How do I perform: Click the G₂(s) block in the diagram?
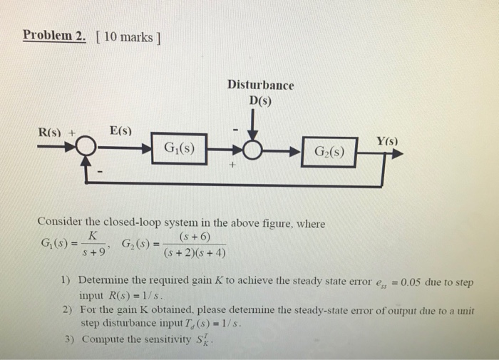[328, 152]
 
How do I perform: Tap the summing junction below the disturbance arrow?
[253, 151]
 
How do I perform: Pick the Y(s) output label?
[387, 142]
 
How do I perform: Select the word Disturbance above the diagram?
[260, 85]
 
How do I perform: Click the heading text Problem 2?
[54, 36]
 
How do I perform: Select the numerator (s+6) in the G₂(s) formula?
[195, 237]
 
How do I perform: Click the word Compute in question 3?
[101, 339]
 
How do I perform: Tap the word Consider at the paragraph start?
[62, 223]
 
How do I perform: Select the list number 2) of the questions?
[67, 311]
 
